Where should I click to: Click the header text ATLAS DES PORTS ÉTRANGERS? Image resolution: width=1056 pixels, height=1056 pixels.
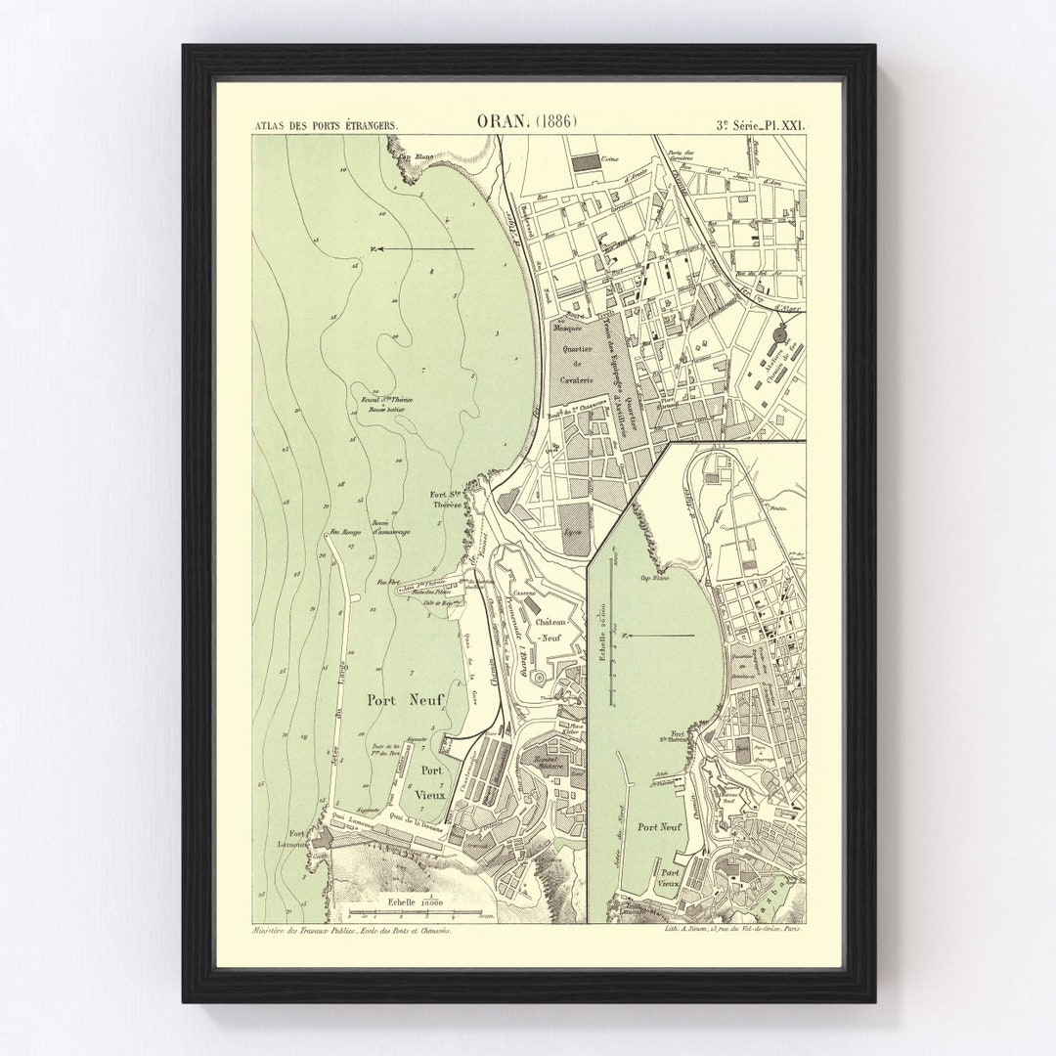pyautogui.click(x=318, y=124)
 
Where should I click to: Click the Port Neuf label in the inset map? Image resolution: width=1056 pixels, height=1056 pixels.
pyautogui.click(x=658, y=826)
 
